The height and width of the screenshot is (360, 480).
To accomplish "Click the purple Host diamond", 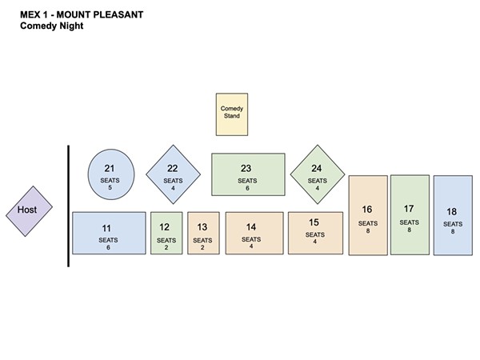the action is [x=29, y=211].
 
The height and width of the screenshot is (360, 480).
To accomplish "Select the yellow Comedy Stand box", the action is [x=232, y=114].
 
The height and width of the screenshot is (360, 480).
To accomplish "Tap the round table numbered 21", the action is [x=111, y=174].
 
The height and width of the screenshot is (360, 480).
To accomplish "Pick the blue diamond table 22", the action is [x=174, y=174].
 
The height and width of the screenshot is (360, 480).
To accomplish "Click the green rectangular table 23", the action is [x=248, y=174].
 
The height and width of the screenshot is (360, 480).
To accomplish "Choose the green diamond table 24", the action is [x=318, y=174].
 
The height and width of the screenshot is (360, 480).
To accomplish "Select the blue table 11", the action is [x=109, y=233].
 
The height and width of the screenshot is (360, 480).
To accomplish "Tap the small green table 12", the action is [x=166, y=233].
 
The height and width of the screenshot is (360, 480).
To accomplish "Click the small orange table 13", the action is [x=203, y=233].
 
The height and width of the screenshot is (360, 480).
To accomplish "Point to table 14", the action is [x=254, y=233].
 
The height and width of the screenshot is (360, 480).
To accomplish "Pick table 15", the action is [x=316, y=233].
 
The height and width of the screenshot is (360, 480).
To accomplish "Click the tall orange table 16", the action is [x=368, y=215].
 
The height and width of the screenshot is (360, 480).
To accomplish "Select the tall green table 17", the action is [x=410, y=215].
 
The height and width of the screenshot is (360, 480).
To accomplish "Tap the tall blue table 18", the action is [x=453, y=215].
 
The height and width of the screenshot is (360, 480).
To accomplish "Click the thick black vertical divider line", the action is [x=68, y=206].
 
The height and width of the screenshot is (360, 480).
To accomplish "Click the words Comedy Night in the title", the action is [x=52, y=26].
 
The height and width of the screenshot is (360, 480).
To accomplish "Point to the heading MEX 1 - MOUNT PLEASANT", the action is [x=82, y=14].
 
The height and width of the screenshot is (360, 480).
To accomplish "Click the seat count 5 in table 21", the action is [x=110, y=188].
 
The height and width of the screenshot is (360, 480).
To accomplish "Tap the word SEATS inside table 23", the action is [x=247, y=181].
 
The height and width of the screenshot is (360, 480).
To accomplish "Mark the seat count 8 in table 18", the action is [x=453, y=231].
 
